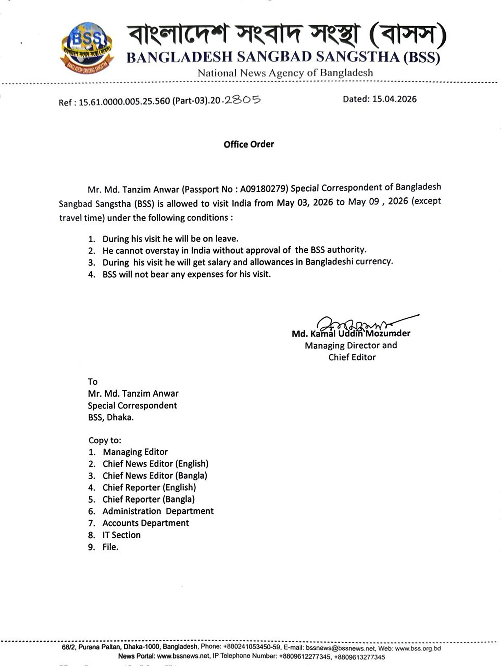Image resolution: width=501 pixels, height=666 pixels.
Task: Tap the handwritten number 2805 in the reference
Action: pos(242,100)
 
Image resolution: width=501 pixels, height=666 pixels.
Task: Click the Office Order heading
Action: pos(249,144)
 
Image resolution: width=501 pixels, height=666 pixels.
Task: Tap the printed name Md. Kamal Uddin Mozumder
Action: pos(351,334)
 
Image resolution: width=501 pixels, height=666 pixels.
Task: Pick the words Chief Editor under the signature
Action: pos(352,357)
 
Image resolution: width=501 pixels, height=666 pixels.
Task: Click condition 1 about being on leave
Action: pos(170,239)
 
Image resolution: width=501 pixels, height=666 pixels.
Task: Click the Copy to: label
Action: pos(105,440)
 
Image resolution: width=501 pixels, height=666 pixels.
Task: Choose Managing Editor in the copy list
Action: pos(135,452)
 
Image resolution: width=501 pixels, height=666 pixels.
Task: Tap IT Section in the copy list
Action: pos(121,535)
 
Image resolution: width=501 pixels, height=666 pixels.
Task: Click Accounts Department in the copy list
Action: pos(146,523)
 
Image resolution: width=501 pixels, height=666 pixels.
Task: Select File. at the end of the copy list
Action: pos(110,547)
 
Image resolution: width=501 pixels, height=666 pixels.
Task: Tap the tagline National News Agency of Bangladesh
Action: pos(285,73)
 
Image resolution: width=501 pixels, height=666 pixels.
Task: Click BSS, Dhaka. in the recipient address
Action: pos(111,418)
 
